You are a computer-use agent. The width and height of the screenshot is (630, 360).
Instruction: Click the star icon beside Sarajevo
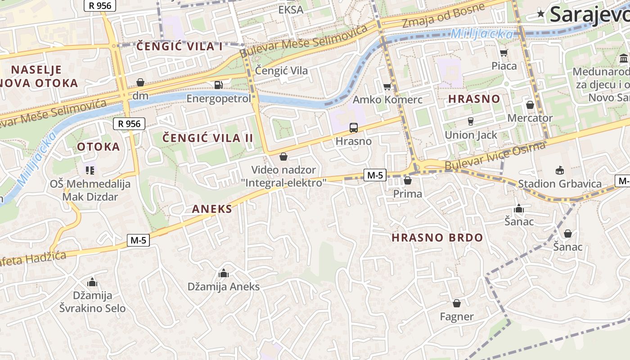[540, 14]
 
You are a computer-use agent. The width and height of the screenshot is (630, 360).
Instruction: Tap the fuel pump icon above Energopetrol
[218, 85]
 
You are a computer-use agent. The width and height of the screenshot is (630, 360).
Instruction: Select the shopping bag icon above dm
[140, 82]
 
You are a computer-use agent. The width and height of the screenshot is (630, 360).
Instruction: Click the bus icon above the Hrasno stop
[354, 128]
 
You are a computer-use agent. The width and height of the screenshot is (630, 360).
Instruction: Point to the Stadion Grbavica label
[559, 184]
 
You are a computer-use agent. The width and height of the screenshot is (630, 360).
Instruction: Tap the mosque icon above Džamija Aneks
[223, 273]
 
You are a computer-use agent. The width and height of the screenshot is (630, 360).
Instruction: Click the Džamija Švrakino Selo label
[92, 302]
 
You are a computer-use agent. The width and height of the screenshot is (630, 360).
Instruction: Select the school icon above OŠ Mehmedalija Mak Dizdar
[90, 171]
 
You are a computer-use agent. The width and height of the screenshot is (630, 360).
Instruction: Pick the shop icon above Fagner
[457, 303]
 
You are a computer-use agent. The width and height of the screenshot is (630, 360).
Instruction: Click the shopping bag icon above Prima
[408, 181]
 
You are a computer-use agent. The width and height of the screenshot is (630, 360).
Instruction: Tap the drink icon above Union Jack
[471, 121]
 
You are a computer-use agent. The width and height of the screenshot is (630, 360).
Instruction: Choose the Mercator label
[530, 118]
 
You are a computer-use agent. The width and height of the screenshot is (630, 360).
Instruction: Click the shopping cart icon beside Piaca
[504, 53]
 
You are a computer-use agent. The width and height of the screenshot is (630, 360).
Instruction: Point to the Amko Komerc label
[387, 99]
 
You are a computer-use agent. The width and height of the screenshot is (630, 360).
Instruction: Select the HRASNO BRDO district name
[437, 238]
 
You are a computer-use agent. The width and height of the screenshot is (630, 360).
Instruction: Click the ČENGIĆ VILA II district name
[207, 138]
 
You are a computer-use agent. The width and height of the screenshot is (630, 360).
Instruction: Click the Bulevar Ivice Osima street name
[495, 156]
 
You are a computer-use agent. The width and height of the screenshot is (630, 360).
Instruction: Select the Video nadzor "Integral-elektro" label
[283, 176]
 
